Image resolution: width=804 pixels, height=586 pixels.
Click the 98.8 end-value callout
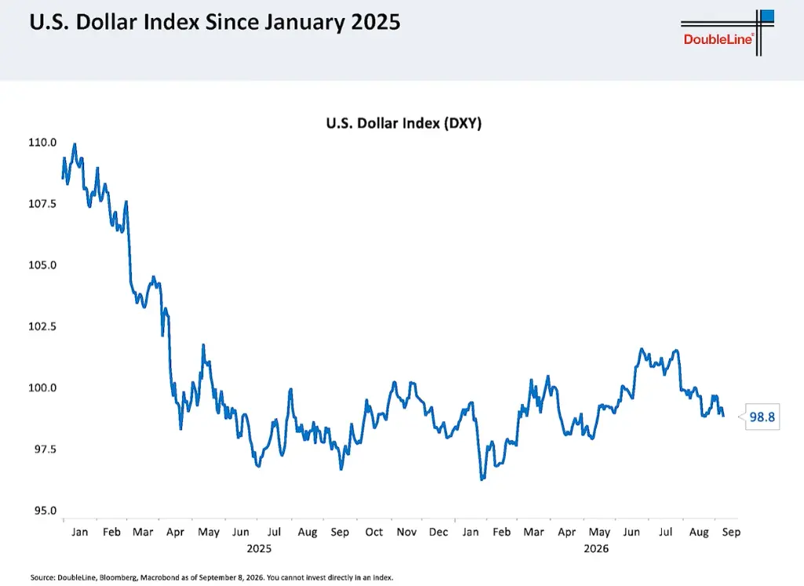click(762, 417)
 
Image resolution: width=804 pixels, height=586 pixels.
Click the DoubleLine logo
click(727, 33)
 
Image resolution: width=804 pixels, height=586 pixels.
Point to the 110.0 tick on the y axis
click(42, 143)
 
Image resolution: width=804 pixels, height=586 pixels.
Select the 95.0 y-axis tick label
click(46, 510)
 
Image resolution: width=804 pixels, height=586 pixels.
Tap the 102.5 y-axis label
click(42, 326)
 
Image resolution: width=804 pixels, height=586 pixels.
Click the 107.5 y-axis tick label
click(42, 204)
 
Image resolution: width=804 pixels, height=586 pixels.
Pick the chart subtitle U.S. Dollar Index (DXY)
click(404, 123)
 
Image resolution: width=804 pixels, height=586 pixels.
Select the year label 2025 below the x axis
click(259, 548)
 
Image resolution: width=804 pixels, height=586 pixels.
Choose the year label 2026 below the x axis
click(597, 548)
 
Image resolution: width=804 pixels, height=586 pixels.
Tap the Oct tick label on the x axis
click(374, 532)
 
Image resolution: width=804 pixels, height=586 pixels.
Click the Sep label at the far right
click(731, 533)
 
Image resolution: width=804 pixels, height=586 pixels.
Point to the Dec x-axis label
click(438, 532)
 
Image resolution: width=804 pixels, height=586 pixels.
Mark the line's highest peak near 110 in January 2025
click(75, 144)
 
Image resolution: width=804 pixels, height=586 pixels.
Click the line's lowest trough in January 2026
click(482, 479)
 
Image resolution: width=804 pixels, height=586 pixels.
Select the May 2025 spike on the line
click(203, 345)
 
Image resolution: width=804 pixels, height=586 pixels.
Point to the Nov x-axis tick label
click(407, 532)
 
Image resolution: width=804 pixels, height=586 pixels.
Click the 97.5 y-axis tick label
click(46, 450)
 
